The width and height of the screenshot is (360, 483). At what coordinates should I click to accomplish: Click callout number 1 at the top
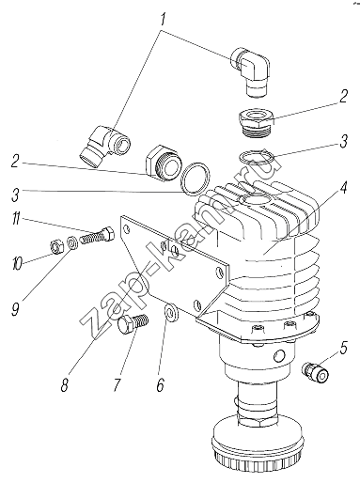(x=163, y=19)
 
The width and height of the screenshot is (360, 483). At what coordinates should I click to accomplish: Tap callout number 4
(x=344, y=188)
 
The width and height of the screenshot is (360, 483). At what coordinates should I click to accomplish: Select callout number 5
(x=343, y=348)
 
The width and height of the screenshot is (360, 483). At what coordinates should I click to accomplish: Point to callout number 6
(x=161, y=384)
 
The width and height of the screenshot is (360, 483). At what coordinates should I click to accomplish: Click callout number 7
(x=117, y=384)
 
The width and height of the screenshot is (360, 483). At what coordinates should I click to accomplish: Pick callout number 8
(x=65, y=384)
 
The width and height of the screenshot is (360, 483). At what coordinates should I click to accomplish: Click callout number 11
(x=16, y=219)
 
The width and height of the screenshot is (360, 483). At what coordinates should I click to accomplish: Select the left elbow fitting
(x=104, y=143)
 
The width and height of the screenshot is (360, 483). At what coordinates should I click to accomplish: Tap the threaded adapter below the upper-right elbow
(x=257, y=123)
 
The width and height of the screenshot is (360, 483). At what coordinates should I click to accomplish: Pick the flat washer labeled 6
(x=171, y=312)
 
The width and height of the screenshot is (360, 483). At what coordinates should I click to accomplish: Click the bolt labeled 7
(x=133, y=323)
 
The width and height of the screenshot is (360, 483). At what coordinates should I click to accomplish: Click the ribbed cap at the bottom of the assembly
(x=257, y=449)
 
